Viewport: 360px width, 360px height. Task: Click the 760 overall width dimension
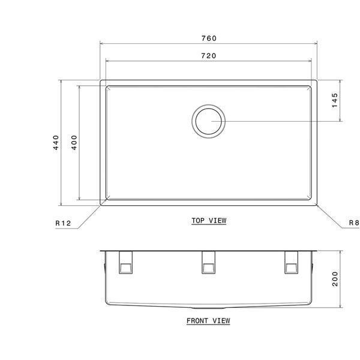point(209,38)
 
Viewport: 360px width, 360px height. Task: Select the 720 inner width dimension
point(209,56)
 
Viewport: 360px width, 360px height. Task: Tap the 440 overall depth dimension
point(55,142)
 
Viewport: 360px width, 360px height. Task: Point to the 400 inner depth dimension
point(74,142)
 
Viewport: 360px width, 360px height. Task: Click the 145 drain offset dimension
point(335,100)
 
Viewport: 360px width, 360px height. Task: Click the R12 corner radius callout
point(63,223)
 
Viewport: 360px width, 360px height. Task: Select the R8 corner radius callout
point(353,223)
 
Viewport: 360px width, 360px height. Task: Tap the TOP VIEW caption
point(209,221)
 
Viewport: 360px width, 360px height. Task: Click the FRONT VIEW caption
point(208,321)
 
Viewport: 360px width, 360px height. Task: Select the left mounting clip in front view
point(127,262)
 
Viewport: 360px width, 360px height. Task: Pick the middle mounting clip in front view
point(208,262)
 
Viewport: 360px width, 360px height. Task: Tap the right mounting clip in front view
point(290,262)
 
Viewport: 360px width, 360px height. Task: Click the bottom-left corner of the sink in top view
point(101,203)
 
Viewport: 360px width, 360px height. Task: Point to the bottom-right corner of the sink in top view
point(316,203)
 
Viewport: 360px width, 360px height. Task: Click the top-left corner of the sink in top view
point(101,81)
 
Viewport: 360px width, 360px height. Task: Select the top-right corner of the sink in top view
point(316,81)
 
